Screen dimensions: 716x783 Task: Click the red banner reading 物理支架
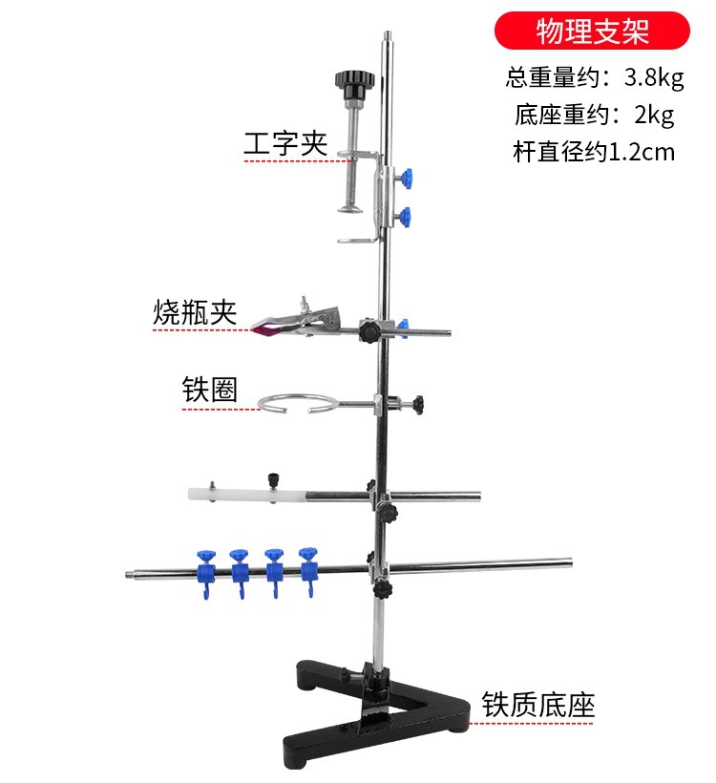592,31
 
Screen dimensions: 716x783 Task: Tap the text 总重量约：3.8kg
592,75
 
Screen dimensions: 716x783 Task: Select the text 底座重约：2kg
594,115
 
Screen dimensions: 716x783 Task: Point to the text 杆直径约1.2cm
592,151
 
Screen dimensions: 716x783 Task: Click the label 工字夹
285,144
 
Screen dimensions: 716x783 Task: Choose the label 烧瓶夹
195,312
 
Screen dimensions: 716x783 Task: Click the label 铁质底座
538,705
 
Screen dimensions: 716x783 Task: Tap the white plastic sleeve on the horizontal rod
244,495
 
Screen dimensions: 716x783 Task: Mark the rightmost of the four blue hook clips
307,567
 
